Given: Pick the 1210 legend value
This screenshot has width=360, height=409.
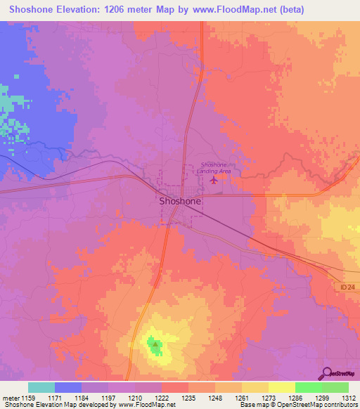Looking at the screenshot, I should (135, 397).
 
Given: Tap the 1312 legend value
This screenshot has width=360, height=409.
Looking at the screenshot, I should (349, 397).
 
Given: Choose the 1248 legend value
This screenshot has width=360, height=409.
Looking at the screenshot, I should (215, 397).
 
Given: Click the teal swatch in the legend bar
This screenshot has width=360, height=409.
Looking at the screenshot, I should (41, 387).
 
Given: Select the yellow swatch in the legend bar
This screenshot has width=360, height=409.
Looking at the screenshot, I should (282, 387).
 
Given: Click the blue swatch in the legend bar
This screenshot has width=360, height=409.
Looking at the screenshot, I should (68, 387).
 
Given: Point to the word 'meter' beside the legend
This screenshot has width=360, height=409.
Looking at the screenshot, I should (10, 397).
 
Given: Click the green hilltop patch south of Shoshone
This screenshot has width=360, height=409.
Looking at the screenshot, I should (153, 344).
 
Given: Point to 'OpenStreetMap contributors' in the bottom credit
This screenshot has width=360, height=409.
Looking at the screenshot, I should (316, 405).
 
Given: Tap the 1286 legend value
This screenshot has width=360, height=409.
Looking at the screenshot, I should (295, 397).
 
